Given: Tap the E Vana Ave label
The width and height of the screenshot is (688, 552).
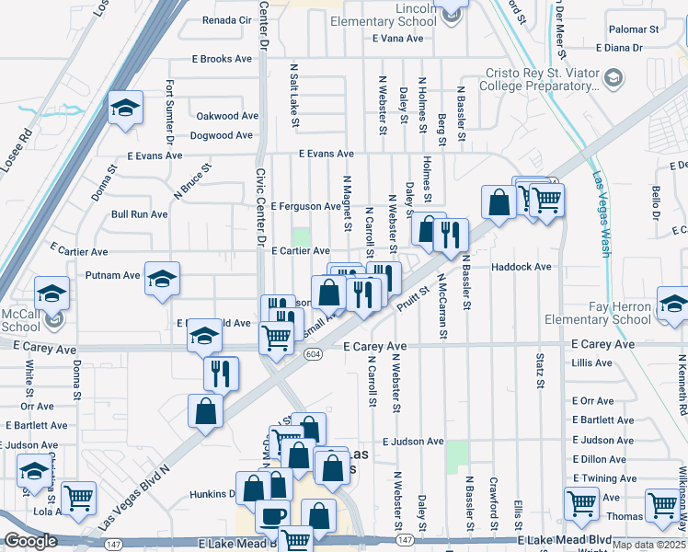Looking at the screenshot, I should click(x=398, y=39).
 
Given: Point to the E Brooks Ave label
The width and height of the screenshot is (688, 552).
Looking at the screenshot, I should click(x=222, y=59).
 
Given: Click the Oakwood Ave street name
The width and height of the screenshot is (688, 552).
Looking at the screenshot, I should click(x=227, y=117).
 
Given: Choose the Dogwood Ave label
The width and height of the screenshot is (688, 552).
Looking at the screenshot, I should click(x=221, y=135).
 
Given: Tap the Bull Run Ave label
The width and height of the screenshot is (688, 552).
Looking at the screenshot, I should click(x=139, y=214).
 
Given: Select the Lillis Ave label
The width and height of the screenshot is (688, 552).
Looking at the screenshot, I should click(x=591, y=363).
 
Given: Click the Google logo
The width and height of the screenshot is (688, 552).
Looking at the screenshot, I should click(x=30, y=541).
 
